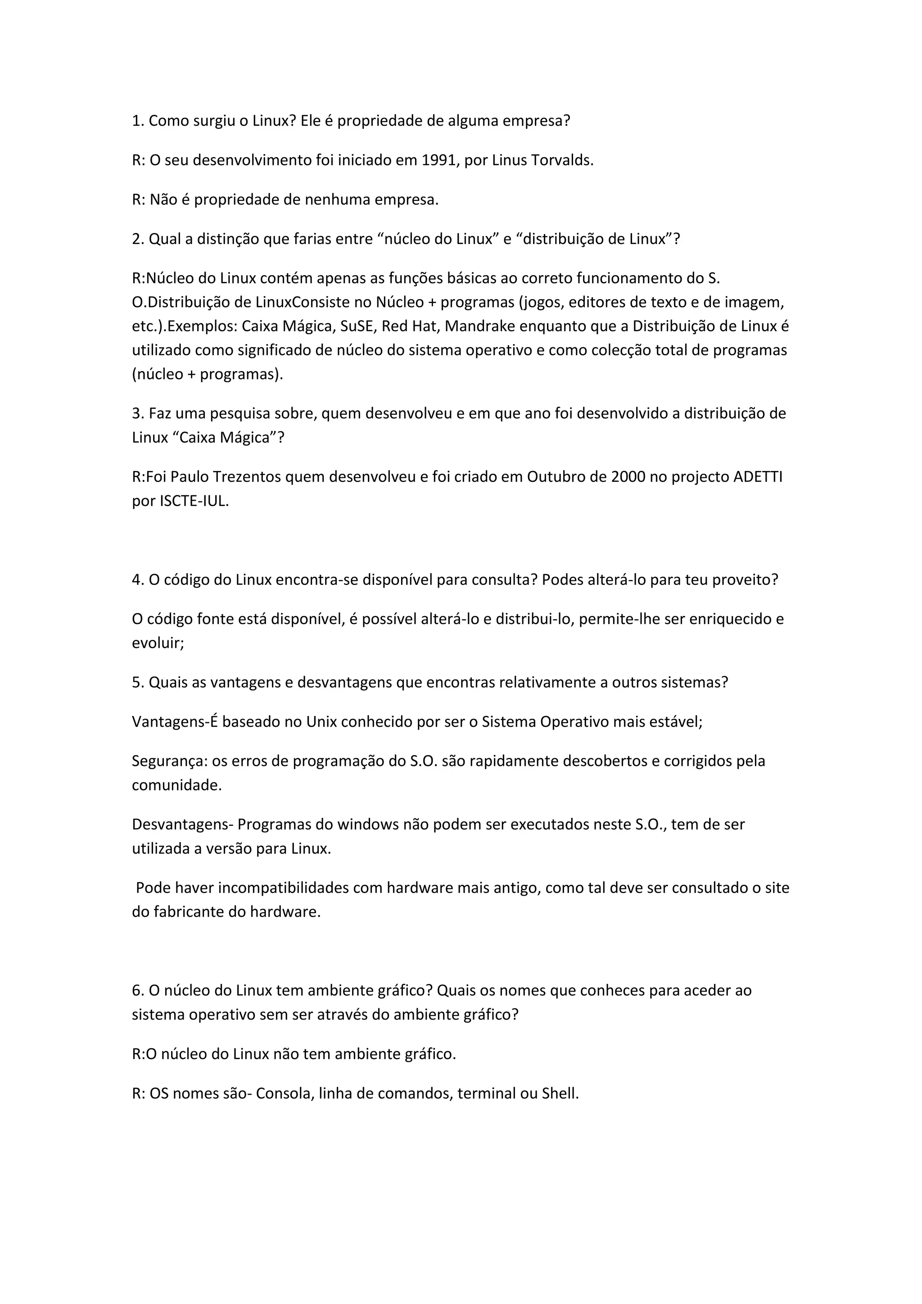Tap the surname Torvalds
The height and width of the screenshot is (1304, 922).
562,161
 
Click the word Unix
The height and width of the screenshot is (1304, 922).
321,722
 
